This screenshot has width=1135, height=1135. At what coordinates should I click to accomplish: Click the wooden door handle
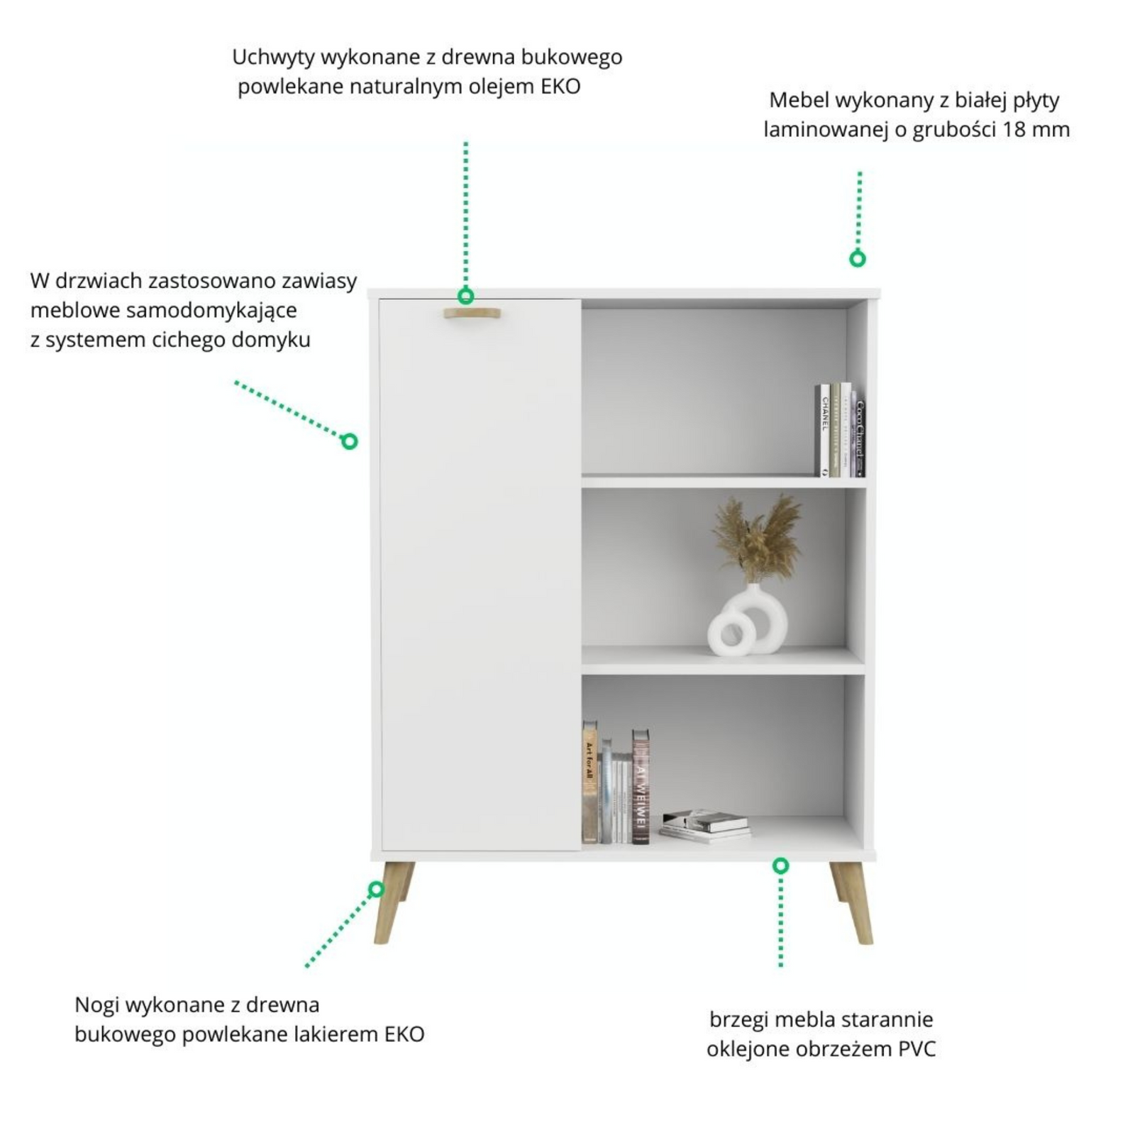[x=472, y=314]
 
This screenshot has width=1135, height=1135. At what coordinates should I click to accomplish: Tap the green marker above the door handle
[x=465, y=296]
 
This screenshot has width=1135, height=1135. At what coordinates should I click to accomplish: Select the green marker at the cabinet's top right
[x=858, y=259]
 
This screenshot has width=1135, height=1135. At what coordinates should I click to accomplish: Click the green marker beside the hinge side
[x=349, y=441]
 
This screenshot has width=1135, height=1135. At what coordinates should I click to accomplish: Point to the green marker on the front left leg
[x=376, y=889]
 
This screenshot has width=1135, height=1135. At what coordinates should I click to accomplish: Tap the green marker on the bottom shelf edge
[x=780, y=865]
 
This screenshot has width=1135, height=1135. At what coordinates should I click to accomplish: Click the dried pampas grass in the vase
[x=757, y=538]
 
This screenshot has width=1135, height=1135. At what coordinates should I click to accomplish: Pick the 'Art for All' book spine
[x=589, y=782]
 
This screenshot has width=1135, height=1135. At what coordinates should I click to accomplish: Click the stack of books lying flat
[x=704, y=825]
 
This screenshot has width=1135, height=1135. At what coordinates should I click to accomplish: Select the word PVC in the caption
[x=917, y=1049]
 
